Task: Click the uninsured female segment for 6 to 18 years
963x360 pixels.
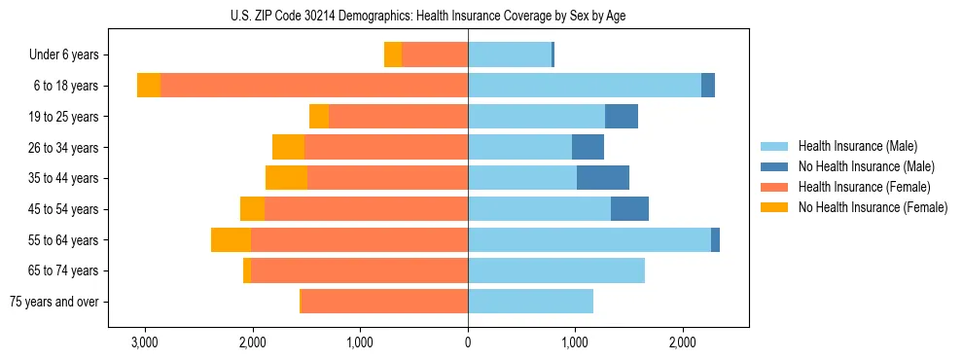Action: (149, 86)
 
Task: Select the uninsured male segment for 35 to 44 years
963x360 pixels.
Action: (603, 178)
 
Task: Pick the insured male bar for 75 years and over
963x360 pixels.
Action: (530, 302)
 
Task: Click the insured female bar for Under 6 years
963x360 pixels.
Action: (435, 55)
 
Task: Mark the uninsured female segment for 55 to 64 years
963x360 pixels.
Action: (231, 240)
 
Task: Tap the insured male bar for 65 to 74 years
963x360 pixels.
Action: (556, 270)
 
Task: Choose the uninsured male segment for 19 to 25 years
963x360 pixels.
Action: (622, 117)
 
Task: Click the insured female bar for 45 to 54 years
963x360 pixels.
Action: (366, 209)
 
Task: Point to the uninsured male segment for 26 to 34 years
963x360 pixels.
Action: (588, 148)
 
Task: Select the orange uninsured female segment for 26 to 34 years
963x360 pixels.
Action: (288, 148)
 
